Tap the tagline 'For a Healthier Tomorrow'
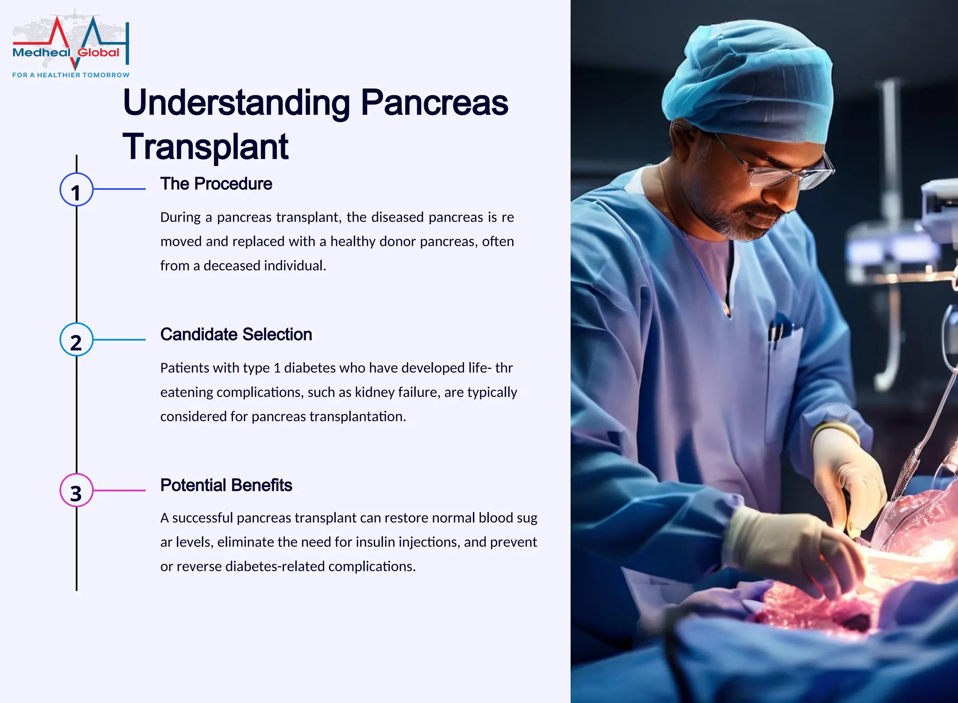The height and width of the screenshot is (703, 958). point(71,75)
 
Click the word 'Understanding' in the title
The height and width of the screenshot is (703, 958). point(236,103)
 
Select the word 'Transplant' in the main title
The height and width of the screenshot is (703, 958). point(205,147)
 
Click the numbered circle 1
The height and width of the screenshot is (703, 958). point(76,189)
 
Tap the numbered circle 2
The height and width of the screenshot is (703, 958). point(76,340)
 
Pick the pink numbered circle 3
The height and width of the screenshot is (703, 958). point(76,490)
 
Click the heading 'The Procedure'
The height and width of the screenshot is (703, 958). point(216,184)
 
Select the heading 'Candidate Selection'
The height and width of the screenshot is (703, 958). point(236,335)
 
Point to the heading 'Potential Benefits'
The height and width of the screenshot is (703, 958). point(226,486)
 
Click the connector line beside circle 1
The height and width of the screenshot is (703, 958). point(119,189)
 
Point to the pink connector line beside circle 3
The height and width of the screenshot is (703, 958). point(119,490)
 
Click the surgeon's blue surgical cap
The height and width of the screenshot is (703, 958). point(748,84)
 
